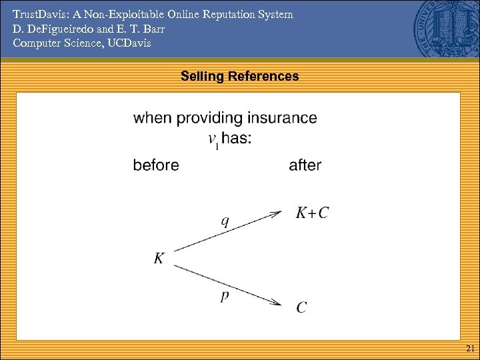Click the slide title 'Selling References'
(239, 77)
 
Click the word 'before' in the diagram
(156, 165)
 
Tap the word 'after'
(305, 165)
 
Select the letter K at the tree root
(159, 258)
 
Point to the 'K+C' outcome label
(312, 213)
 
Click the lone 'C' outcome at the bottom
(302, 307)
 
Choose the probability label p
(225, 295)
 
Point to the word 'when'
(151, 118)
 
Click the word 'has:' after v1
(237, 139)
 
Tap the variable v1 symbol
(213, 140)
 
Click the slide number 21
(470, 349)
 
